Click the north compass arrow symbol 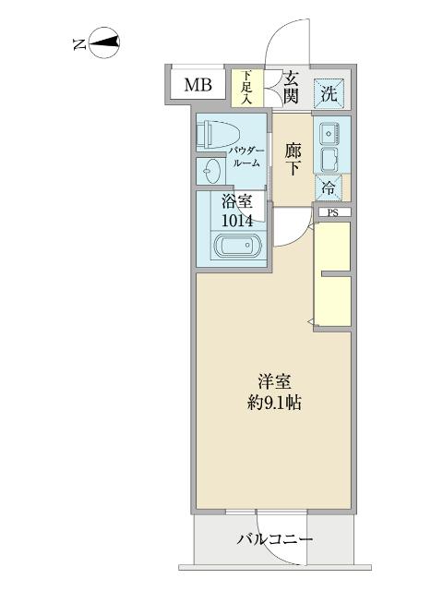click(x=102, y=42)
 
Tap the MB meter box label click(x=197, y=87)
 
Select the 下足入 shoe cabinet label click(x=246, y=85)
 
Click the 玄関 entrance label click(x=291, y=85)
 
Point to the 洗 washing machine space click(x=330, y=91)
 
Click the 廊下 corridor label click(x=293, y=158)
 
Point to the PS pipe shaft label click(x=333, y=212)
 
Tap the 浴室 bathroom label click(x=237, y=201)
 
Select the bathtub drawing click(x=238, y=248)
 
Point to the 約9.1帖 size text click(x=275, y=403)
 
